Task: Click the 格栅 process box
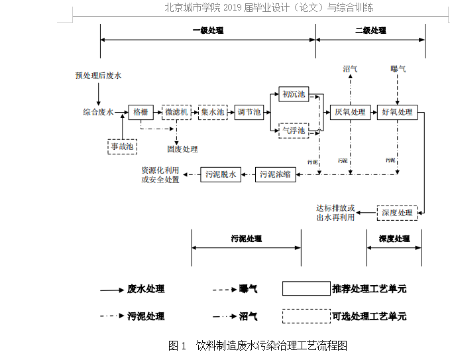click(x=141, y=112)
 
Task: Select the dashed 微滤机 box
click(x=177, y=112)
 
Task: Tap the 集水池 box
click(x=213, y=112)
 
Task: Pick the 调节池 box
click(x=249, y=112)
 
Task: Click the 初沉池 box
click(x=292, y=94)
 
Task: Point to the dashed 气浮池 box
click(x=292, y=131)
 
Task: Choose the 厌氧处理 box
click(x=350, y=112)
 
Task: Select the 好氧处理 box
click(x=397, y=112)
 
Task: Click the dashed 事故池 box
click(x=122, y=146)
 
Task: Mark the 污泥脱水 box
click(x=221, y=175)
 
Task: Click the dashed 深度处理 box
click(x=397, y=213)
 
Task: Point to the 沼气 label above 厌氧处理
click(x=350, y=69)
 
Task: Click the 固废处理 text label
click(x=182, y=149)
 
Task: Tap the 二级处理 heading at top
click(x=370, y=30)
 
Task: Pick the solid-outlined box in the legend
click(x=306, y=288)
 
